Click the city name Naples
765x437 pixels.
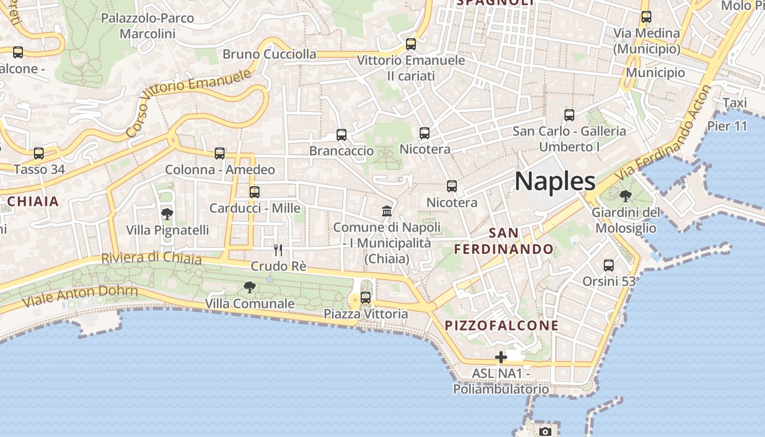point(555,181)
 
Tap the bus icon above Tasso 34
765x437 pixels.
point(38,153)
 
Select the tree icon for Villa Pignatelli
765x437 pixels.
point(167,214)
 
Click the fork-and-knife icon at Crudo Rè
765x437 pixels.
point(278,250)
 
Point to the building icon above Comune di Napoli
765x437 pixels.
point(387,211)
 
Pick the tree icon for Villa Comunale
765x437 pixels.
point(249,287)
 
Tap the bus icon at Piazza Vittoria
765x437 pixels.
point(366,298)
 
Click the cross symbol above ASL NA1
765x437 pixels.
point(501,358)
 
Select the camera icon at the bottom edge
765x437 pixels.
point(545,432)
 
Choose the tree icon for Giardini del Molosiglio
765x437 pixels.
point(626,196)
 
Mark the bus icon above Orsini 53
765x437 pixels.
point(609,265)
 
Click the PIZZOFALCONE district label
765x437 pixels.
point(502,326)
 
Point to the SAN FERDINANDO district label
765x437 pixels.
point(504,241)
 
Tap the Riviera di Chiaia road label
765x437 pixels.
point(151,258)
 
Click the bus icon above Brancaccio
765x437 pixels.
point(342,134)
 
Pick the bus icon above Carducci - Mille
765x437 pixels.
point(254,192)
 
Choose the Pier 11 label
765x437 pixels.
point(727,126)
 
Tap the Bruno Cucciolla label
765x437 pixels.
point(269,54)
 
